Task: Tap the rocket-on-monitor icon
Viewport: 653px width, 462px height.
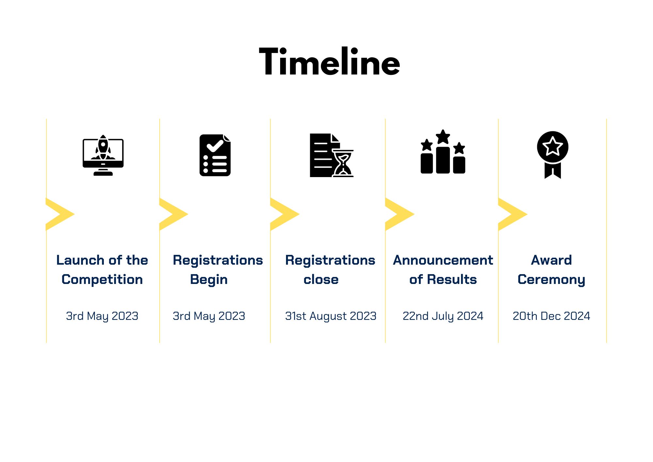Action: [x=103, y=155]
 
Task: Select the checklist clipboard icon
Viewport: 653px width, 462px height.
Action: [x=215, y=155]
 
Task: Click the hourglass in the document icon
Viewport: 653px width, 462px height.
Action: [x=343, y=163]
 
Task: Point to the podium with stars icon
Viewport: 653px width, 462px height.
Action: [x=443, y=151]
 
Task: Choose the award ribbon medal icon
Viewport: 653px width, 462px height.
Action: [x=553, y=155]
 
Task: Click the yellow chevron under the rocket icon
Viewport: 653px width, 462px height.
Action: [x=60, y=214]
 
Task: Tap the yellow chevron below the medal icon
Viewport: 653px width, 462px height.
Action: [x=513, y=214]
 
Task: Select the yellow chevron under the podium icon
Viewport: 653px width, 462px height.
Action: [x=400, y=214]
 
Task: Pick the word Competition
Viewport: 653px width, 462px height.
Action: [x=102, y=280]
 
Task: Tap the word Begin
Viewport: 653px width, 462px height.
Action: [x=209, y=280]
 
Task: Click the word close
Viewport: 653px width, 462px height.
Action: [x=321, y=279]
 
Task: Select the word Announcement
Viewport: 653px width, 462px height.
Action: [x=443, y=260]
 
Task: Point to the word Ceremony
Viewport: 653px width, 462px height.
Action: [x=551, y=280]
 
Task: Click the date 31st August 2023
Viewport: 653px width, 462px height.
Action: [x=331, y=316]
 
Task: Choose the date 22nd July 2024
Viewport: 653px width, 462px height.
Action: [x=443, y=316]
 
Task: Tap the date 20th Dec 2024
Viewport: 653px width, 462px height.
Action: [x=551, y=316]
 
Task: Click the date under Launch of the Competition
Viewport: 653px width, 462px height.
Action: [x=102, y=316]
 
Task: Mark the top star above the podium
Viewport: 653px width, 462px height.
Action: [x=443, y=137]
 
